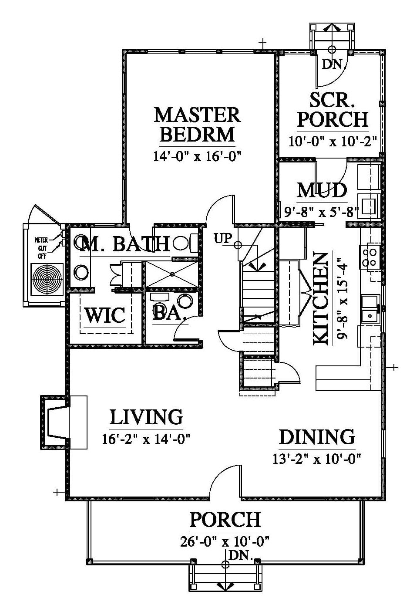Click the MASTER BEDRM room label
[x=197, y=125]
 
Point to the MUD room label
[x=322, y=190]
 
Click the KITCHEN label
[x=320, y=299]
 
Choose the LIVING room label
[x=146, y=417]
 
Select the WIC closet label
[x=105, y=315]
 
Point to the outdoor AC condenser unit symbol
[x=47, y=280]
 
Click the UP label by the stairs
[x=223, y=238]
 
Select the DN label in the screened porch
[x=332, y=64]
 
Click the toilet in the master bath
[x=185, y=243]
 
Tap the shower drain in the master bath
[x=172, y=274]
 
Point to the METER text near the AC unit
[x=41, y=240]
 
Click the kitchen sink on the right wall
[x=370, y=308]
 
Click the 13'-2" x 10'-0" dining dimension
[x=316, y=458]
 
